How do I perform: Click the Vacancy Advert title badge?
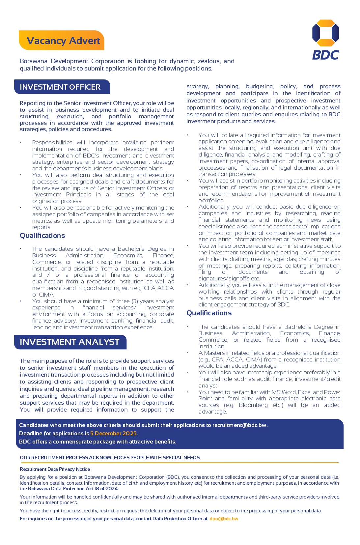click(x=63, y=41)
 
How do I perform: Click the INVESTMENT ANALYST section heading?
click(x=69, y=342)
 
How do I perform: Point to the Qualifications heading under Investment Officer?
click(x=42, y=236)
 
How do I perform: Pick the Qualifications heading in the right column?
click(x=209, y=313)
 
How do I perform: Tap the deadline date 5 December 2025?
click(x=113, y=433)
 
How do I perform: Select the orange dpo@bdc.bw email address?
click(x=224, y=519)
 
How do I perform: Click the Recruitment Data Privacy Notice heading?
click(x=55, y=469)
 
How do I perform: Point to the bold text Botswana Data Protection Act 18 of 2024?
click(x=73, y=489)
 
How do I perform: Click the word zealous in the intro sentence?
click(x=208, y=61)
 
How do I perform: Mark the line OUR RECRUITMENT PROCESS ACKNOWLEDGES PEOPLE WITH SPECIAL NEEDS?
click(x=110, y=457)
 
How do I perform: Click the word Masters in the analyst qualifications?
click(x=214, y=353)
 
